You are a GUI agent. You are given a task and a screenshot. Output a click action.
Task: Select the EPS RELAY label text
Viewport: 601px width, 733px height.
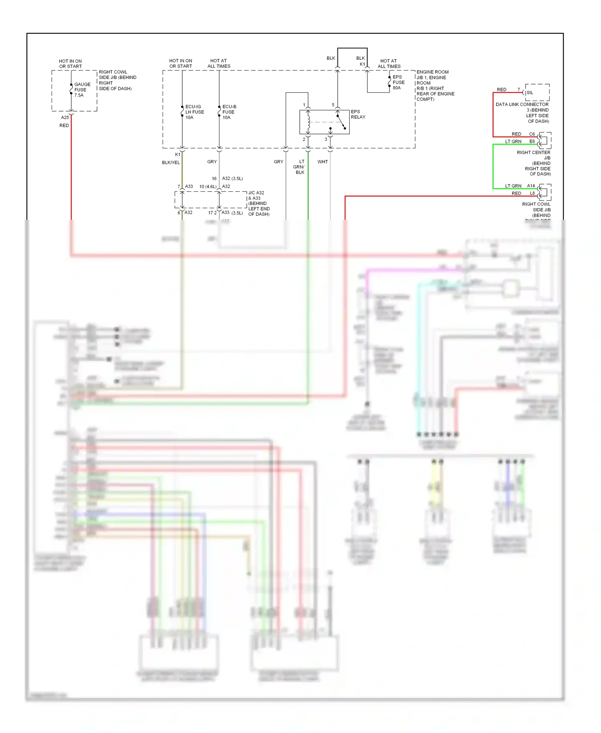pyautogui.click(x=358, y=114)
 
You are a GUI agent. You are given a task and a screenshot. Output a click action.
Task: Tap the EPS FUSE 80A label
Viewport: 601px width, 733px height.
pyautogui.click(x=398, y=82)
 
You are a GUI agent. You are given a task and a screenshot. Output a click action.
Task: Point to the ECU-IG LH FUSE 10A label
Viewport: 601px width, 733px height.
pyautogui.click(x=194, y=112)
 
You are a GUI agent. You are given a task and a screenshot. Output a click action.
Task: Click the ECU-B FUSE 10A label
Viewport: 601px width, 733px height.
pyautogui.click(x=229, y=112)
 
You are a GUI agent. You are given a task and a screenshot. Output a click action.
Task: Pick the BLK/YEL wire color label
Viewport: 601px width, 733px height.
pyautogui.click(x=171, y=162)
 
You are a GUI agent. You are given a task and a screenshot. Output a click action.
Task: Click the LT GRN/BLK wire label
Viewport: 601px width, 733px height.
pyautogui.click(x=299, y=167)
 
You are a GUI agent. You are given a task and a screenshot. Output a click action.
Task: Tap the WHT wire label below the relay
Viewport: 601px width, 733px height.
pyautogui.click(x=323, y=162)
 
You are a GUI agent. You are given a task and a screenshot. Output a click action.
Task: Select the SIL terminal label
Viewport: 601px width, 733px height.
pyautogui.click(x=530, y=93)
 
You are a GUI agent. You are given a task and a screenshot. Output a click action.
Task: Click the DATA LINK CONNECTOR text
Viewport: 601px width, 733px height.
pyautogui.click(x=522, y=104)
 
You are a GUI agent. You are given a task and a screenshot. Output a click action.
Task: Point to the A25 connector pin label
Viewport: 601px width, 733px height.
pyautogui.click(x=65, y=117)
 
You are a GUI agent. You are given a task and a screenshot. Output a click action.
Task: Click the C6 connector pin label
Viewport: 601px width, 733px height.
pyautogui.click(x=532, y=134)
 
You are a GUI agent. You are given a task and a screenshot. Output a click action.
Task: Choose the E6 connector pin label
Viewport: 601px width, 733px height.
pyautogui.click(x=532, y=141)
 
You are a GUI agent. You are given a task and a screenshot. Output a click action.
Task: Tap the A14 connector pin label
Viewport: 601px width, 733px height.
pyautogui.click(x=531, y=186)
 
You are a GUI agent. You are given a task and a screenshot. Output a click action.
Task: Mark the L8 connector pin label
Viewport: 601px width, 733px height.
pyautogui.click(x=532, y=193)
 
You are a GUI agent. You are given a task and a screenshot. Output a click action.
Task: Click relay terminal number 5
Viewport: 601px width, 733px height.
pyautogui.click(x=333, y=105)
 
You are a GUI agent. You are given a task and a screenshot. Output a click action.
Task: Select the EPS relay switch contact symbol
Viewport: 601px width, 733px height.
pyautogui.click(x=341, y=122)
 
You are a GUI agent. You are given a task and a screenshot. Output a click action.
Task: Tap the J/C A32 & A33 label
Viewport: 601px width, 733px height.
pyautogui.click(x=258, y=203)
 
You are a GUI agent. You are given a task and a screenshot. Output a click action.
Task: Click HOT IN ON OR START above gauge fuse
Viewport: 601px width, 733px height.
pyautogui.click(x=70, y=64)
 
